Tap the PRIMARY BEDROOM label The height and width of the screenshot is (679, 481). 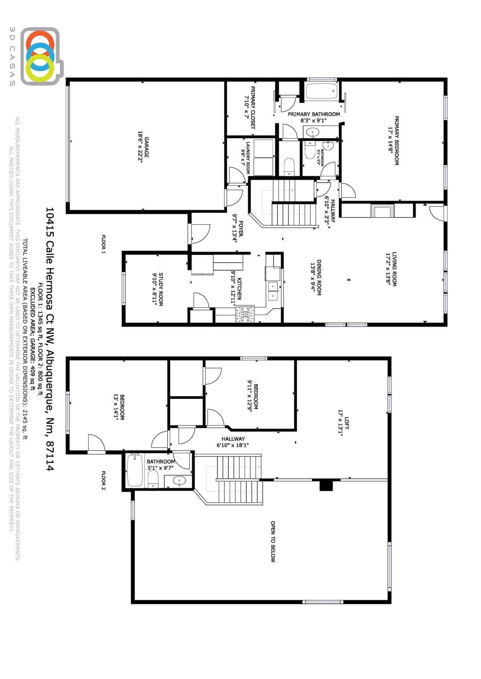pyautogui.click(x=396, y=141)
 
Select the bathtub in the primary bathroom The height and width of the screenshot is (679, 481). pyautogui.click(x=322, y=91)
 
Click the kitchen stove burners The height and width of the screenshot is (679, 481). pyautogui.click(x=245, y=314)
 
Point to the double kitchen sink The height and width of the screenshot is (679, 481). pyautogui.click(x=273, y=291)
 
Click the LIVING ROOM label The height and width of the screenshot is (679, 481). pyautogui.click(x=394, y=269)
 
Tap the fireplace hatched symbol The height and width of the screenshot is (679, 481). pyautogui.click(x=382, y=211)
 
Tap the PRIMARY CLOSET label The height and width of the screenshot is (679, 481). pyautogui.click(x=253, y=107)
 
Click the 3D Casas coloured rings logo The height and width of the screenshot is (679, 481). pyautogui.click(x=40, y=56)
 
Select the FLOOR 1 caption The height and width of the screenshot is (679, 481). pyautogui.click(x=104, y=244)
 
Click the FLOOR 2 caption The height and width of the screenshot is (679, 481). pyautogui.click(x=104, y=480)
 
